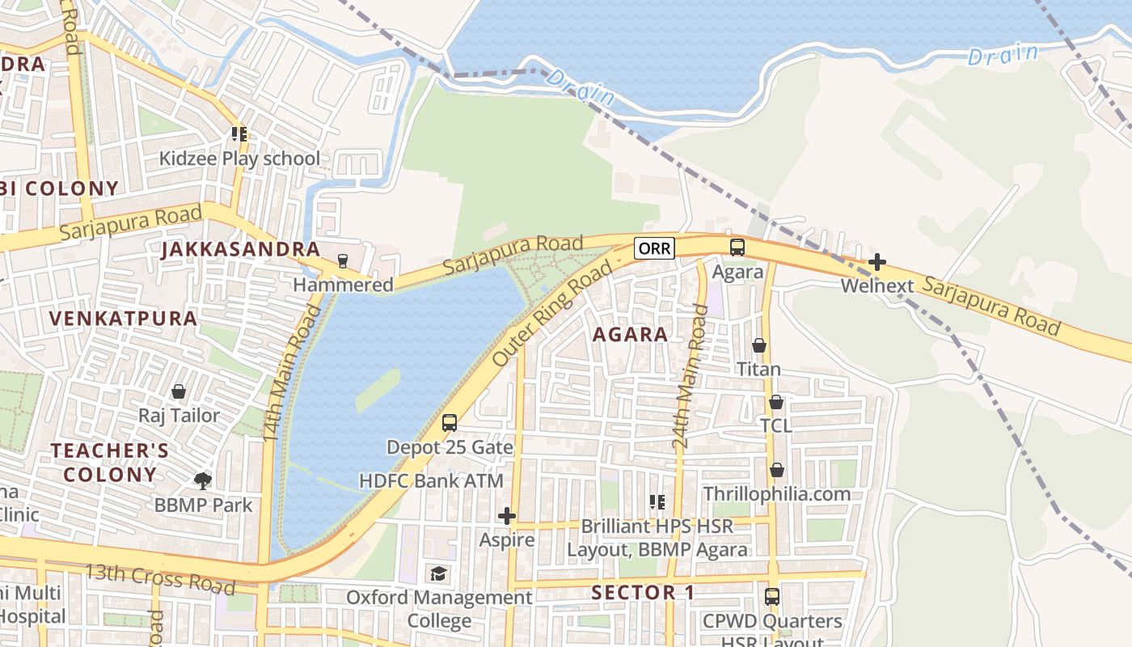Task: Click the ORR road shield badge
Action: click(654, 247)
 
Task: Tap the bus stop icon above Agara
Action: click(737, 247)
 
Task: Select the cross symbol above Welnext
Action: click(877, 262)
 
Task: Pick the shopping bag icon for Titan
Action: click(759, 345)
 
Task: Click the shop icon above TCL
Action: click(776, 402)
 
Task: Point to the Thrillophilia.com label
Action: click(776, 493)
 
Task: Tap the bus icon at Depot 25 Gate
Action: click(450, 422)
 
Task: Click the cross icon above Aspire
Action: click(507, 516)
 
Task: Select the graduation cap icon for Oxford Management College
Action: click(438, 573)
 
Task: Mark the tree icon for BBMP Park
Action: click(203, 481)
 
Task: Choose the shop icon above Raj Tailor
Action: click(179, 391)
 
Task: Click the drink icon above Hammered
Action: click(343, 260)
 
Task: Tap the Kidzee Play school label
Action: click(239, 159)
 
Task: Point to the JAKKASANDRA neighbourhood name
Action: click(241, 249)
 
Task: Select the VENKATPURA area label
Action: click(123, 318)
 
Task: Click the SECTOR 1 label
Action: click(643, 592)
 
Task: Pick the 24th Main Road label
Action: click(689, 378)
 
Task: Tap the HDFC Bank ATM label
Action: click(431, 481)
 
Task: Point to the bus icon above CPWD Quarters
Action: click(772, 597)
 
